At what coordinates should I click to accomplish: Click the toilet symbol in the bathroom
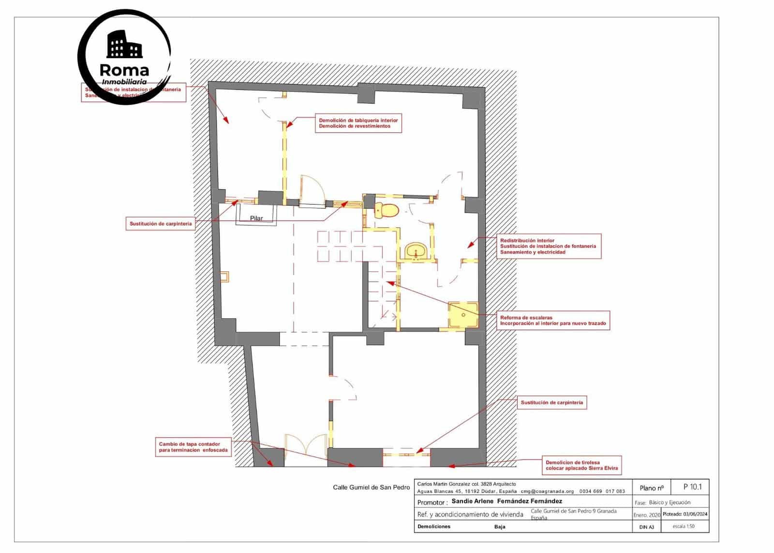(x=387, y=211)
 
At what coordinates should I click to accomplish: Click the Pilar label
(x=256, y=218)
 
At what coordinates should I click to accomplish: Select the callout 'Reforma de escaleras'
(x=553, y=320)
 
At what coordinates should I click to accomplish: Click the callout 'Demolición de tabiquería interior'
(x=358, y=123)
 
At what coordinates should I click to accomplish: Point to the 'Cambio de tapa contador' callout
(x=193, y=447)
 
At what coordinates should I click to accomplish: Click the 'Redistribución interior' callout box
(x=548, y=246)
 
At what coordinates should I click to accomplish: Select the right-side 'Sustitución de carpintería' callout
(x=551, y=402)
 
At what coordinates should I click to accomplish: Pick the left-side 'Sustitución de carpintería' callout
(x=161, y=224)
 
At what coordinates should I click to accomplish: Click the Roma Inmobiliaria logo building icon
(x=124, y=45)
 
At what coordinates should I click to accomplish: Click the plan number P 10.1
(x=692, y=487)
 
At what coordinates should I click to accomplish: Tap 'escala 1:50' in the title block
(x=684, y=526)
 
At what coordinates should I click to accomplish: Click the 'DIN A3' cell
(x=646, y=527)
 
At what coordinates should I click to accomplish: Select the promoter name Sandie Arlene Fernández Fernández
(x=506, y=502)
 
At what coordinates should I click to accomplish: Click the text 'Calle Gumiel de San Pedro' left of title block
(x=371, y=487)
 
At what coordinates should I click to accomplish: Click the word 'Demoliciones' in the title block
(x=433, y=526)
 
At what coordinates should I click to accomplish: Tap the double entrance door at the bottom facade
(x=306, y=448)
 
